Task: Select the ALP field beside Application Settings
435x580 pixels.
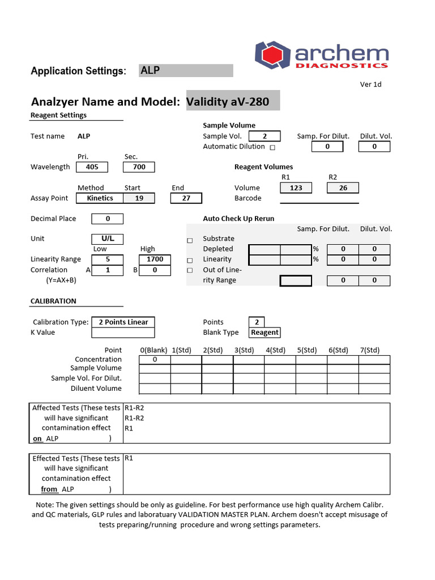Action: [186, 70]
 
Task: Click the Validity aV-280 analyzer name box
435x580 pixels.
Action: [232, 102]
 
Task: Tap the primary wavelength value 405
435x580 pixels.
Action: [92, 167]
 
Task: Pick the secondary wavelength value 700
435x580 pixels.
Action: [139, 167]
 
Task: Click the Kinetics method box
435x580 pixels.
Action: [100, 198]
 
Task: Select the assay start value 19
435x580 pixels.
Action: [139, 198]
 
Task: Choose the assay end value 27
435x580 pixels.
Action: [186, 198]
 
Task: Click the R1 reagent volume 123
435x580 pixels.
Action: [296, 188]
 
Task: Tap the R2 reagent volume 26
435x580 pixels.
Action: [343, 188]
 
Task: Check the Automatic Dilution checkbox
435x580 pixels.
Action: [272, 147]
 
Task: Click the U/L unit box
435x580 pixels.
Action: [108, 239]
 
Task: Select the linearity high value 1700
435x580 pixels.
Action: [154, 259]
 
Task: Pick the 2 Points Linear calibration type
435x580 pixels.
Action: [123, 322]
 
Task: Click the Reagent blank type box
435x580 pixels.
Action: [265, 332]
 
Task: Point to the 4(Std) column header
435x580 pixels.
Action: [275, 350]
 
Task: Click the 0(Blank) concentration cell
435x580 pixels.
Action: [154, 360]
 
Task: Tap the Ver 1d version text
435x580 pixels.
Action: [370, 84]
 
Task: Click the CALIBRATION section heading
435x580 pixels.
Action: [53, 301]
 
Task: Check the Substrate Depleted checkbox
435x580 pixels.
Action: [190, 241]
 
